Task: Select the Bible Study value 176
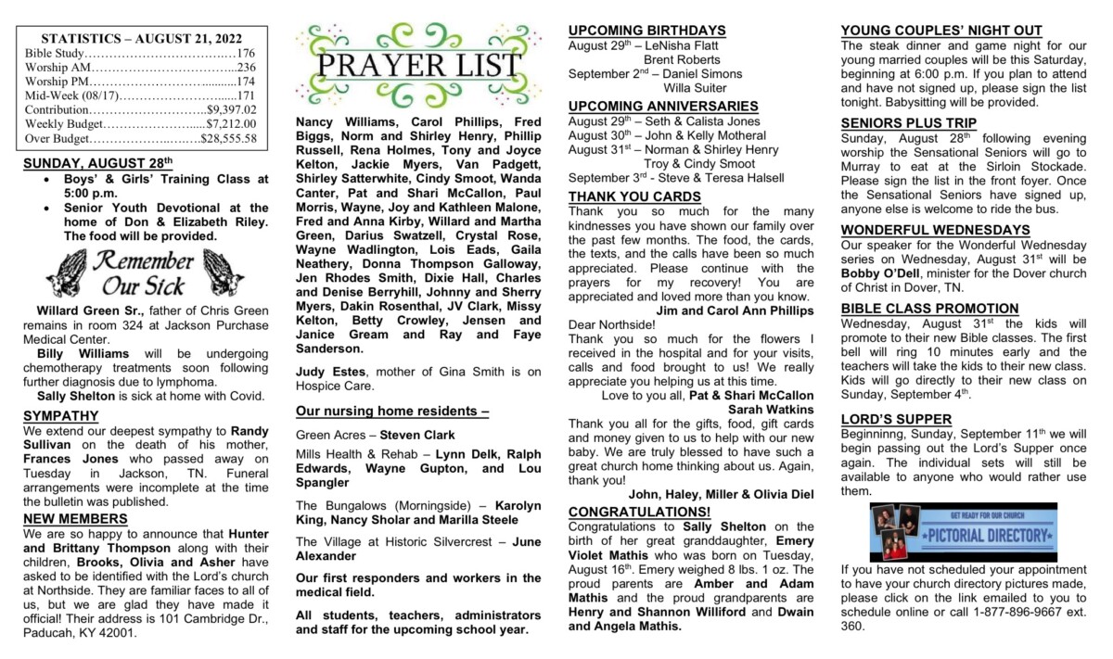tap(247, 53)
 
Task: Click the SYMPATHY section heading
tap(60, 415)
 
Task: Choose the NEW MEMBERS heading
tap(76, 518)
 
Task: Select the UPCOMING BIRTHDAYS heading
tap(646, 30)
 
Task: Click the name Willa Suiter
tap(695, 87)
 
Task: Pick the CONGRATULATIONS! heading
tap(639, 512)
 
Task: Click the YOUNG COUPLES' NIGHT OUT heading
tap(940, 30)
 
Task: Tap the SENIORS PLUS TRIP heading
tap(908, 122)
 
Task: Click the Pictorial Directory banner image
tap(962, 532)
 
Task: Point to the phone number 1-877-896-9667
tap(1016, 611)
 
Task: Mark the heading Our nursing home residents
tap(391, 411)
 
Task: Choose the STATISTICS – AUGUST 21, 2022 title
tap(141, 38)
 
